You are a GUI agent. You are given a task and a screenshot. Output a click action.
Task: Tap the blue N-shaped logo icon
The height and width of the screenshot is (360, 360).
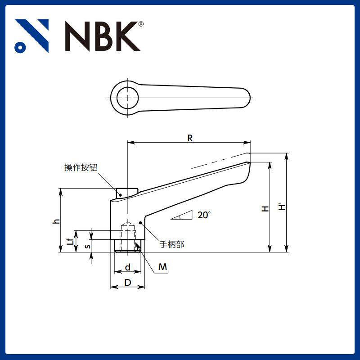[31, 36]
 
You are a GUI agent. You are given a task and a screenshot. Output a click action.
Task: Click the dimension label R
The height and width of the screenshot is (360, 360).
[190, 138]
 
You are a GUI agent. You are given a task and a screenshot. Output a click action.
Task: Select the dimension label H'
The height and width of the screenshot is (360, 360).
[281, 207]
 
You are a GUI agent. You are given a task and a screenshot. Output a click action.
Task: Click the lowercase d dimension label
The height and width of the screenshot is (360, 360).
[128, 268]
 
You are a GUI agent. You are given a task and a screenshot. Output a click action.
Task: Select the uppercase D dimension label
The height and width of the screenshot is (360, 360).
[128, 282]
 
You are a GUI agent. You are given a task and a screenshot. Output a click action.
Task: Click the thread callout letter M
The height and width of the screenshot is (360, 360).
[162, 267]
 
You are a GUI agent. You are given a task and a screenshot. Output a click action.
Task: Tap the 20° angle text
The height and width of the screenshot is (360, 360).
[204, 215]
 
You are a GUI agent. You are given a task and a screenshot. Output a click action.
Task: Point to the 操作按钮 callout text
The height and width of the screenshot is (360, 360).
[81, 168]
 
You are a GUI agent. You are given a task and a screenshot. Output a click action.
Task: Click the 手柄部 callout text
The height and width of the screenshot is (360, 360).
[172, 245]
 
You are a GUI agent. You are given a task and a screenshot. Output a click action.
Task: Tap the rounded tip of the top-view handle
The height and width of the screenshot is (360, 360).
[245, 98]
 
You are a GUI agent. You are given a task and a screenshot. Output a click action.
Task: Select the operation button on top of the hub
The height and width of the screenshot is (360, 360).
[126, 193]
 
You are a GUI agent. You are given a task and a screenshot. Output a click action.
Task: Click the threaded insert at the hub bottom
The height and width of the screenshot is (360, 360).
[128, 246]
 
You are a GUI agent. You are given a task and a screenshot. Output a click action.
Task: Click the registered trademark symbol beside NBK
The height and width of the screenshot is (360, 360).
[141, 24]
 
